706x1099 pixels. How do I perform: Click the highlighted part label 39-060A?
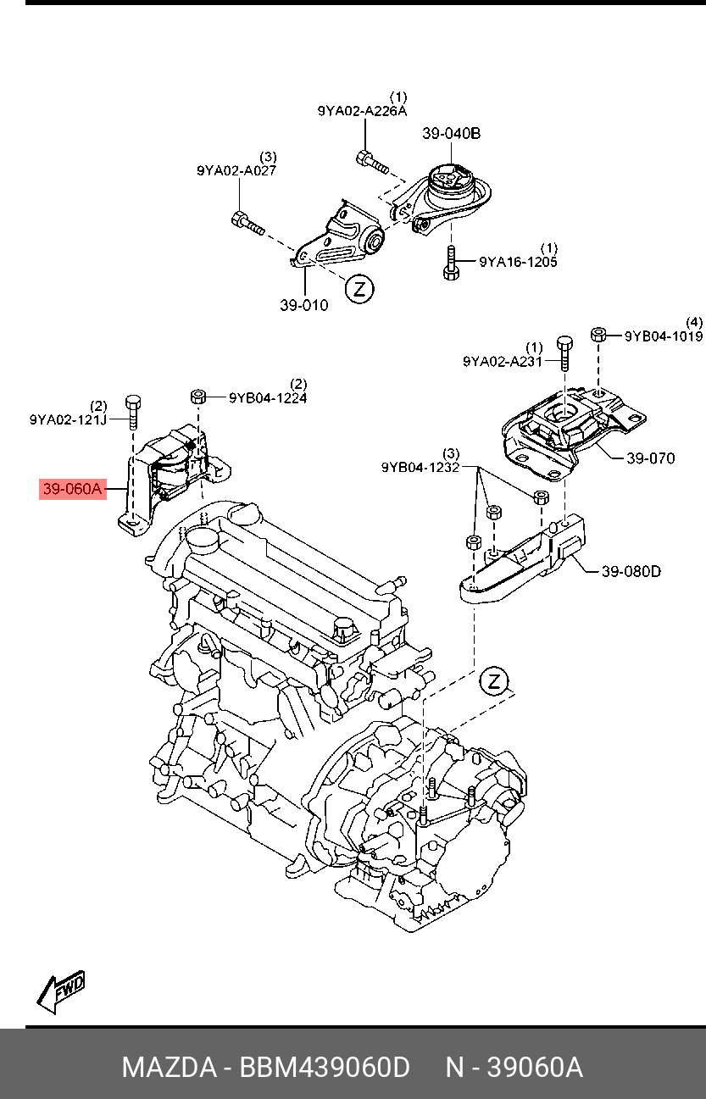pos(73,489)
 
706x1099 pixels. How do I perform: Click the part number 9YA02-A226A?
pos(362,111)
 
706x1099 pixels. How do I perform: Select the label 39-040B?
pos(452,134)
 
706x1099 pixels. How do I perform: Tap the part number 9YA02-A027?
pos(236,170)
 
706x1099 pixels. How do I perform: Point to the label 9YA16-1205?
pos(518,262)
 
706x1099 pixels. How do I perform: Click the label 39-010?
pos(303,305)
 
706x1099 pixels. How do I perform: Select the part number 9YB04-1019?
pos(664,336)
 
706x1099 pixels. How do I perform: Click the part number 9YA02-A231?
pos(503,361)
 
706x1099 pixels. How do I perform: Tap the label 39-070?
pos(650,458)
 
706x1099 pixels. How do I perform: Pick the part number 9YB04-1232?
pos(420,467)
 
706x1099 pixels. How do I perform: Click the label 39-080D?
pos(631,571)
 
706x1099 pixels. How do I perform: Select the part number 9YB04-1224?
pos(267,397)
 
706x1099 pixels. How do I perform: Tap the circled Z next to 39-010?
pos(359,289)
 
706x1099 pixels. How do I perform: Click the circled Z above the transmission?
pos(492,681)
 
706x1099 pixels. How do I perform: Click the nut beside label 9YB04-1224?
pos(198,397)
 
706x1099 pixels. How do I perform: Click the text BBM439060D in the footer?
pos(325,1067)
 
